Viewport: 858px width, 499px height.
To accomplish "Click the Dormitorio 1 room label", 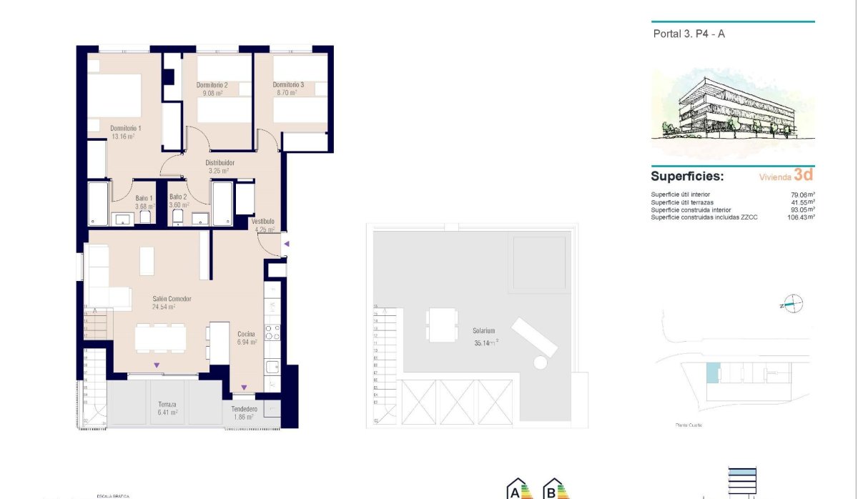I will point(125,129).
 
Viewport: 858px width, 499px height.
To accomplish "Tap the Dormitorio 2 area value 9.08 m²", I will point(212,93).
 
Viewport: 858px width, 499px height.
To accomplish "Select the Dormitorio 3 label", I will point(288,85).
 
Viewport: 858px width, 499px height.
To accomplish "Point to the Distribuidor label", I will point(220,163).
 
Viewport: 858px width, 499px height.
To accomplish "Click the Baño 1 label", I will point(144,198).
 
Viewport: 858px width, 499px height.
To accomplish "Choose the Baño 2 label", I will point(178,197).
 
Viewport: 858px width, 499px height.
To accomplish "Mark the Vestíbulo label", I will point(262,222).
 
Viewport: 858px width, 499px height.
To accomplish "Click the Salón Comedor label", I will point(172,299).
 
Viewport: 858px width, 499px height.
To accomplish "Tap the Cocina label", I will point(247,334).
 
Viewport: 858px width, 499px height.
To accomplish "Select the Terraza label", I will point(167,404).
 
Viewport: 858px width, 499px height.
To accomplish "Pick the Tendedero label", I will point(244,409).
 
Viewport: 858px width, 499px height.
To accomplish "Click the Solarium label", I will point(483,331).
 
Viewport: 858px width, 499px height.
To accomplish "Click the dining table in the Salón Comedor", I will point(160,337).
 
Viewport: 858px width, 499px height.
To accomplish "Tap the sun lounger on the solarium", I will point(532,337).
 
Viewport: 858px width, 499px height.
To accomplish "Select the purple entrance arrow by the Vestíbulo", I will point(286,244).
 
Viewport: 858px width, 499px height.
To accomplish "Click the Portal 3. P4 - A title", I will point(689,34).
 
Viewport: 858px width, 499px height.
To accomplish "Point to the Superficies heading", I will point(686,176).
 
